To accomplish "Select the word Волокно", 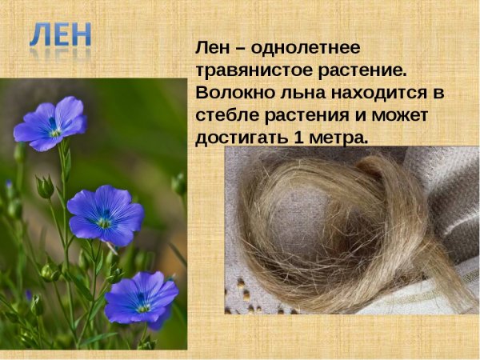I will click(231, 92).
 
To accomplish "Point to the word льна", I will click(301, 92).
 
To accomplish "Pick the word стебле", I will click(227, 114).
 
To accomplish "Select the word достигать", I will click(242, 137).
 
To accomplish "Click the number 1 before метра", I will click(299, 137).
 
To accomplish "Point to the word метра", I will click(339, 137).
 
